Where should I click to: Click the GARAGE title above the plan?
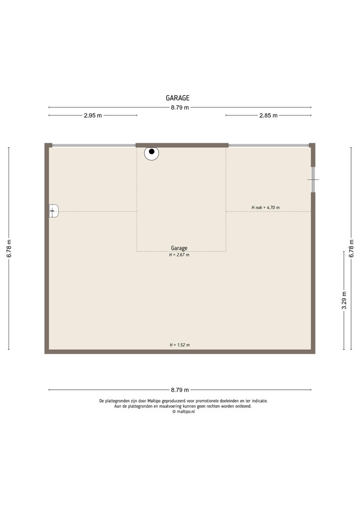point(178,98)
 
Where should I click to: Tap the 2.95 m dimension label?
point(93,115)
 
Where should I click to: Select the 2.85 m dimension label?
point(269,115)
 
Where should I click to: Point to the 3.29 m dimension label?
point(344,300)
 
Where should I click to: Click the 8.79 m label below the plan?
point(180,390)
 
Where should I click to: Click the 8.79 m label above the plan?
point(180,107)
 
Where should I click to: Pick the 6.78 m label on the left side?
point(9,249)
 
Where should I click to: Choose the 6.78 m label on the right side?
point(351,249)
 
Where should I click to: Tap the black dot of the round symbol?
point(152,151)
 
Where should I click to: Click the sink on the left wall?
point(54,211)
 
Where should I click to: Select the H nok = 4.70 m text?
point(266,207)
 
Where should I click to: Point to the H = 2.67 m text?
point(179,255)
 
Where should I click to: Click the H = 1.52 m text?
point(180,345)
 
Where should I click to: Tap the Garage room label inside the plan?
point(179,248)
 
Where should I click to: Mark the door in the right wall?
point(313,180)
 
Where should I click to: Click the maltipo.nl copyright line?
point(183,411)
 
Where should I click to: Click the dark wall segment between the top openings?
point(182,145)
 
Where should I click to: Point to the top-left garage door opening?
point(94,145)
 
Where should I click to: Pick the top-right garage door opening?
point(269,145)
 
